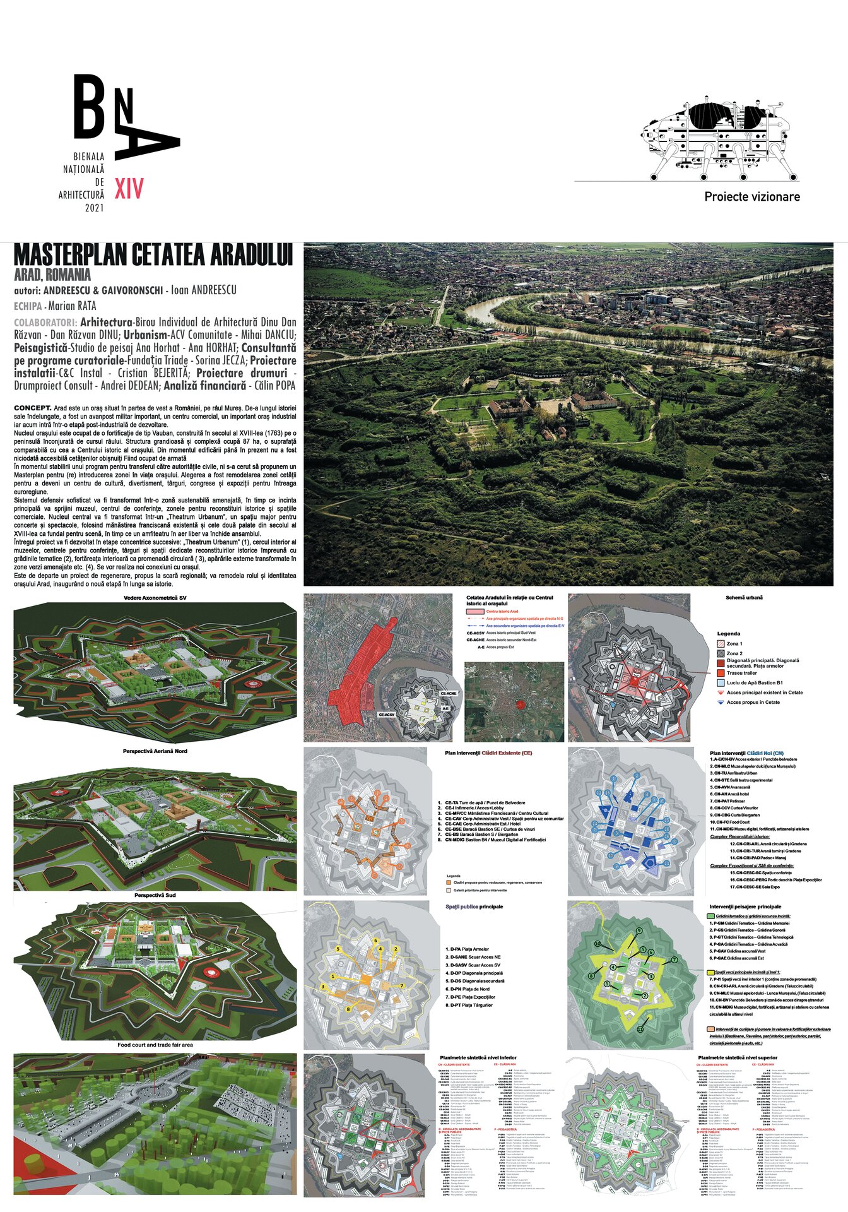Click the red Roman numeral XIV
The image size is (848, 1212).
129,188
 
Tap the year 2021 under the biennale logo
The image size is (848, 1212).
94,208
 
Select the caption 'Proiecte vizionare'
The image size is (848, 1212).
751,197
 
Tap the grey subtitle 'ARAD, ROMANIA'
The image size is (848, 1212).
52,275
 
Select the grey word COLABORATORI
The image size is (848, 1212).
45,323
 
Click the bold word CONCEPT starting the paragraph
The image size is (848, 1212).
32,408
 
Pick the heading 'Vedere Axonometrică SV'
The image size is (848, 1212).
155,598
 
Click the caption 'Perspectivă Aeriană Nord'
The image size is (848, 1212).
155,751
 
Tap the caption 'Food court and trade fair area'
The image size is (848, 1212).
155,1045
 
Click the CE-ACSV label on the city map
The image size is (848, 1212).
386,715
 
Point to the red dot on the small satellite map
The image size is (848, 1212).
520,704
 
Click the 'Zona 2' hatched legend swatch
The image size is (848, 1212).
721,653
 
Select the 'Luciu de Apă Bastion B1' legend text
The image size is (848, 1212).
755,683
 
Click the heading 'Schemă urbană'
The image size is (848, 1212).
744,598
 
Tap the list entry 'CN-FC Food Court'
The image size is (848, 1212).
731,822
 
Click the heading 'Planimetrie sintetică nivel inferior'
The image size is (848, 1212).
478,1057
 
